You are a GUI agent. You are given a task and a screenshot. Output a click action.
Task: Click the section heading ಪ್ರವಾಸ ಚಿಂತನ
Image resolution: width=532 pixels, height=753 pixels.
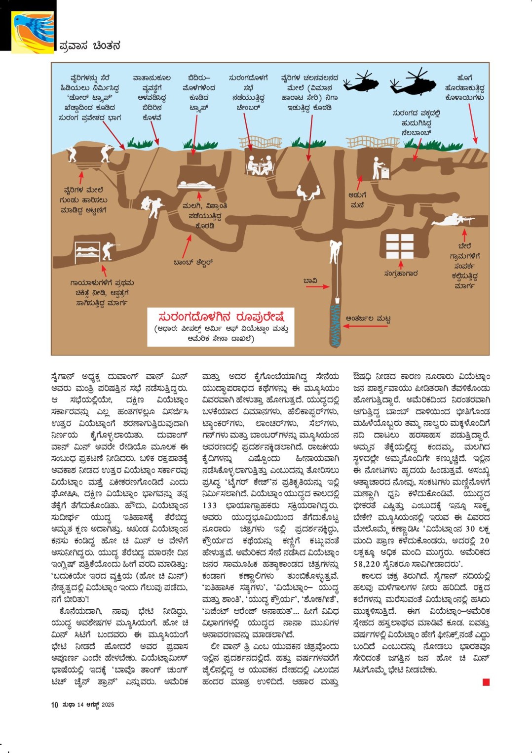[89, 46]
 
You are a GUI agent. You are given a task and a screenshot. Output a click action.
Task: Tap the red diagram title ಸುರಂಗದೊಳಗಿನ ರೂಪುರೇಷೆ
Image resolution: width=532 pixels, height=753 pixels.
[221, 317]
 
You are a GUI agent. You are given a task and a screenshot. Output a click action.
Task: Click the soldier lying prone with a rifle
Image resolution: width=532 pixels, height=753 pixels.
[453, 219]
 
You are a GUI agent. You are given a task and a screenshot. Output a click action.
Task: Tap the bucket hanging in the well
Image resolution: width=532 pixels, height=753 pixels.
[336, 299]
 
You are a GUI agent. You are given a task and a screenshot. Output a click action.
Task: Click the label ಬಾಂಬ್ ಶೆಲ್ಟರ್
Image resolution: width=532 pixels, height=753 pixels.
[193, 262]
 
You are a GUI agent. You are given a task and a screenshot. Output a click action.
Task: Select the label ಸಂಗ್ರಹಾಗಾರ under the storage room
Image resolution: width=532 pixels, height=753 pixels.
[401, 273]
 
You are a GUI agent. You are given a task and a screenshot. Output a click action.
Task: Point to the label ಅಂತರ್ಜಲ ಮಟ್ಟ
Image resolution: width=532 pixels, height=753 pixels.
[368, 318]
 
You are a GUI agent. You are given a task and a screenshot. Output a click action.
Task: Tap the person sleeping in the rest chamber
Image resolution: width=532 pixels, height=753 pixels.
[196, 185]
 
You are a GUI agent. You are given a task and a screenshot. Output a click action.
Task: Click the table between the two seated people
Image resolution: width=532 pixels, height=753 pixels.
[261, 166]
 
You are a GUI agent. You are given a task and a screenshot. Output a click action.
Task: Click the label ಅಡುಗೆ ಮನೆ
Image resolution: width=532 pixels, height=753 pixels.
[357, 199]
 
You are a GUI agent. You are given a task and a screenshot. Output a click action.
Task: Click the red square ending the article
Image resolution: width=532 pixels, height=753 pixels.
[486, 682]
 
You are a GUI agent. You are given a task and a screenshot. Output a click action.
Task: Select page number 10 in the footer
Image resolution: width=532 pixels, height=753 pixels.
[54, 705]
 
